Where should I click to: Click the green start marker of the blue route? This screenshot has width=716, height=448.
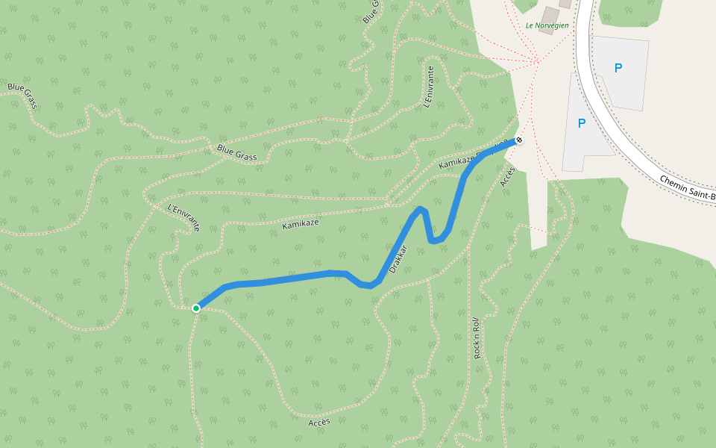click(x=196, y=308)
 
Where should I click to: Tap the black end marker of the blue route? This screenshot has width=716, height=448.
click(x=519, y=140)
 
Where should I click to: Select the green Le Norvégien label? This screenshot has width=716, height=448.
click(x=547, y=25)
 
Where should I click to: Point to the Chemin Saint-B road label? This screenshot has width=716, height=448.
click(x=687, y=187)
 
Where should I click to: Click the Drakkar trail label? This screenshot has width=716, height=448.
click(x=398, y=258)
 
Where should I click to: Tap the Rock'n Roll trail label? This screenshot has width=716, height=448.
click(x=477, y=337)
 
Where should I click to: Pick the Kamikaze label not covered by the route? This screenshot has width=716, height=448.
click(x=301, y=223)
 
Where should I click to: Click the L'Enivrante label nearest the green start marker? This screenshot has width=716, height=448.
click(x=184, y=217)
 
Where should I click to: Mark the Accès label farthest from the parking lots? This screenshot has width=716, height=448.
click(x=319, y=423)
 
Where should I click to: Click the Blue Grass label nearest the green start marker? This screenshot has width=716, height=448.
click(x=237, y=152)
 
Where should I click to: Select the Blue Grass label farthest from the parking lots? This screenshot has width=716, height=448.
click(x=22, y=96)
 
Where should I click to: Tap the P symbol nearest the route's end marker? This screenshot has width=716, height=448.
click(x=582, y=123)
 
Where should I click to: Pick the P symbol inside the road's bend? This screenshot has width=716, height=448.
click(x=618, y=68)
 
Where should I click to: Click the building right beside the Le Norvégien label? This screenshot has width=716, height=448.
click(x=550, y=15)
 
